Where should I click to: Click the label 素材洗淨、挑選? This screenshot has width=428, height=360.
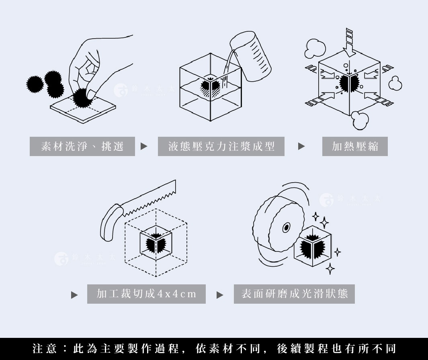(82, 146)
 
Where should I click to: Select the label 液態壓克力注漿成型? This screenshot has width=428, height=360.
(221, 146)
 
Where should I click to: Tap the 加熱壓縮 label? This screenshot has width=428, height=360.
(355, 146)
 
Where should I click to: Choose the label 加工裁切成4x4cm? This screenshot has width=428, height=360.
(146, 294)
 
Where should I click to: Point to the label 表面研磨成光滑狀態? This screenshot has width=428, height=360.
(294, 294)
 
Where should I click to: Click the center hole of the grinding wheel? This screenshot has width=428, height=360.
(286, 228)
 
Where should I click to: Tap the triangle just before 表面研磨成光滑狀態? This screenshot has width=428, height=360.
(220, 295)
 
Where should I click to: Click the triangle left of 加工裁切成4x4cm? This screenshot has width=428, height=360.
(74, 295)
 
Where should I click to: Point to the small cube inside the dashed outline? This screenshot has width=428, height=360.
(156, 243)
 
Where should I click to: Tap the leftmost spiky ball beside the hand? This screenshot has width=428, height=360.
(35, 84)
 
